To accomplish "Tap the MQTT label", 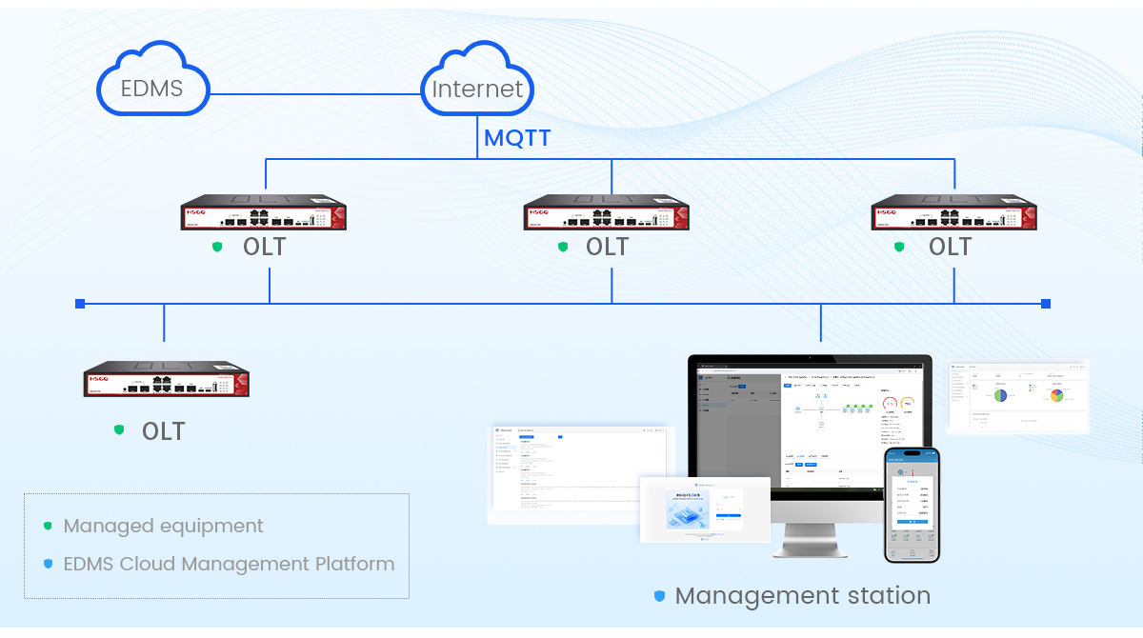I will point(517,138).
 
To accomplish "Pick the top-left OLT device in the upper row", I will point(264,213).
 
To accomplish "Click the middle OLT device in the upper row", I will point(607,213).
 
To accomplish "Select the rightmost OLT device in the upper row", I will point(953,213).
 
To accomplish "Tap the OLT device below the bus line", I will point(166,379).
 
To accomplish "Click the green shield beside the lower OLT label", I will point(119,430).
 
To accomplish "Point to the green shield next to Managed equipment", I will point(48,526).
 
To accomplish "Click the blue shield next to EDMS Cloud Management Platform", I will point(48,564).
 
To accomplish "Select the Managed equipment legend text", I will point(163,526).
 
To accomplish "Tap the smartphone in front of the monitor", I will point(911,505).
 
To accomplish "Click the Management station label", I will point(802,596).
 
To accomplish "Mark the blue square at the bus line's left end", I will point(80,304).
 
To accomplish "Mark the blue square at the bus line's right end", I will point(1046,304).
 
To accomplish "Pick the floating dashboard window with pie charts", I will point(1018,396).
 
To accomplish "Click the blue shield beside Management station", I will point(659,596).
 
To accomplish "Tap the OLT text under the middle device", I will point(607,247).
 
